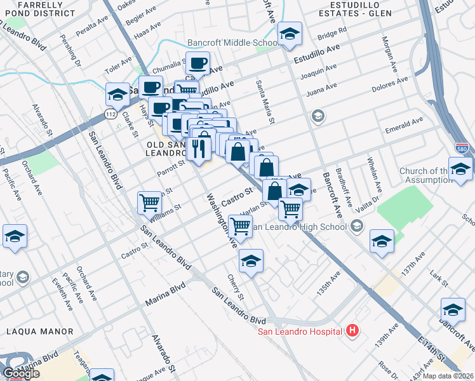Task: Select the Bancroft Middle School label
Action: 232,43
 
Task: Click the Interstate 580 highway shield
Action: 462,149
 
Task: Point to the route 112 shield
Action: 110,114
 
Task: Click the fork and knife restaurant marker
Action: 199,149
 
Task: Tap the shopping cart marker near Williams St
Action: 149,203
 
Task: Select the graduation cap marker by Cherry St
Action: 251,261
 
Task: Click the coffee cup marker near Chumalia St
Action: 198,63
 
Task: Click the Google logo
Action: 21,373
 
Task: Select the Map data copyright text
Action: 447,375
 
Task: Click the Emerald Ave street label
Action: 404,126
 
